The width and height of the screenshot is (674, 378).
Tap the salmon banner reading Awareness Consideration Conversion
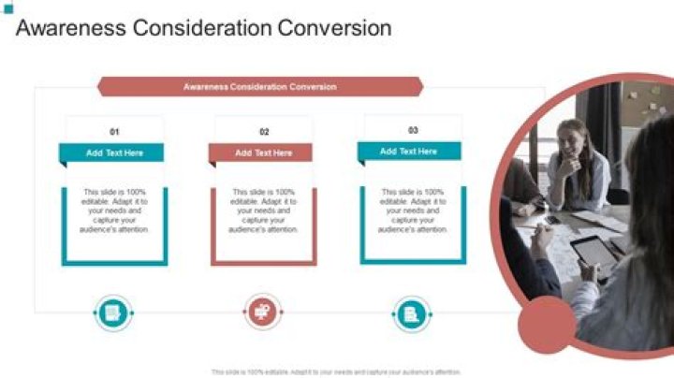pos(260,86)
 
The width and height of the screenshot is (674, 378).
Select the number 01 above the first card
pos(115,132)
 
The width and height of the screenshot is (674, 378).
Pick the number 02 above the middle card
pos(264,132)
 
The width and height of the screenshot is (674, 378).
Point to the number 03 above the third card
pos(413,130)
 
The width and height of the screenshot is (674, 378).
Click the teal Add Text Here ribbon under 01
pos(114,153)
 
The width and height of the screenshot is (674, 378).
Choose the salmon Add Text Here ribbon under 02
pos(263,153)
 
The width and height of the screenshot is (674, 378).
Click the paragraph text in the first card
pos(114,211)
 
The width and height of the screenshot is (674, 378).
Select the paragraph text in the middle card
pos(264,211)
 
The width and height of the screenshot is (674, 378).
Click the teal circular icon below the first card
pos(113,313)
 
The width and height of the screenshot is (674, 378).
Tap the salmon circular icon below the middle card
pos(263,313)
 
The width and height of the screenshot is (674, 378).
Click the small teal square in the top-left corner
pos(8,9)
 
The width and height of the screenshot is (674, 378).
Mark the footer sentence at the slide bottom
pos(336,371)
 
